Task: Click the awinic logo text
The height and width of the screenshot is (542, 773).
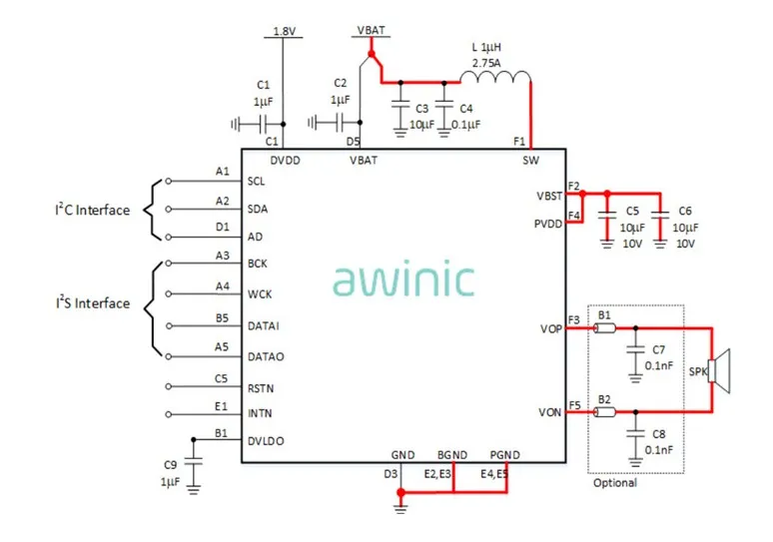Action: (403, 280)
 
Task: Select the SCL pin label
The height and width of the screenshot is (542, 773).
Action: (257, 182)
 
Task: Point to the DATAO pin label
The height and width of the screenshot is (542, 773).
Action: (266, 356)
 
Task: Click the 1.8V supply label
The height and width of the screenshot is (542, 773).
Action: (285, 32)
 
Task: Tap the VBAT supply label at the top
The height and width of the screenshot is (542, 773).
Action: (371, 30)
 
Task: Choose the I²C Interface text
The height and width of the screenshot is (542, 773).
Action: (92, 210)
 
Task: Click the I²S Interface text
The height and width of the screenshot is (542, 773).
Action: (92, 303)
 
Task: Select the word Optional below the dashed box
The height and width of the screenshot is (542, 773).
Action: (614, 483)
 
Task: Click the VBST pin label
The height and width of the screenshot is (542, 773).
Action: (548, 196)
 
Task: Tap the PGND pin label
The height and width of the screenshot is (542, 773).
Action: (504, 454)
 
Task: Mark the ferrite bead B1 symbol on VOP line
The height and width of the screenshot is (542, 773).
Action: (604, 327)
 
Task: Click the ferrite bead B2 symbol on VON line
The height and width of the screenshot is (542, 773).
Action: (604, 411)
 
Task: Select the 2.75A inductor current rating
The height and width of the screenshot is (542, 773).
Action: (486, 63)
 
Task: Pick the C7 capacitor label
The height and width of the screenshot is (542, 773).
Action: (658, 350)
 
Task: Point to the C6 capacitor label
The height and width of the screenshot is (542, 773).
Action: (684, 212)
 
